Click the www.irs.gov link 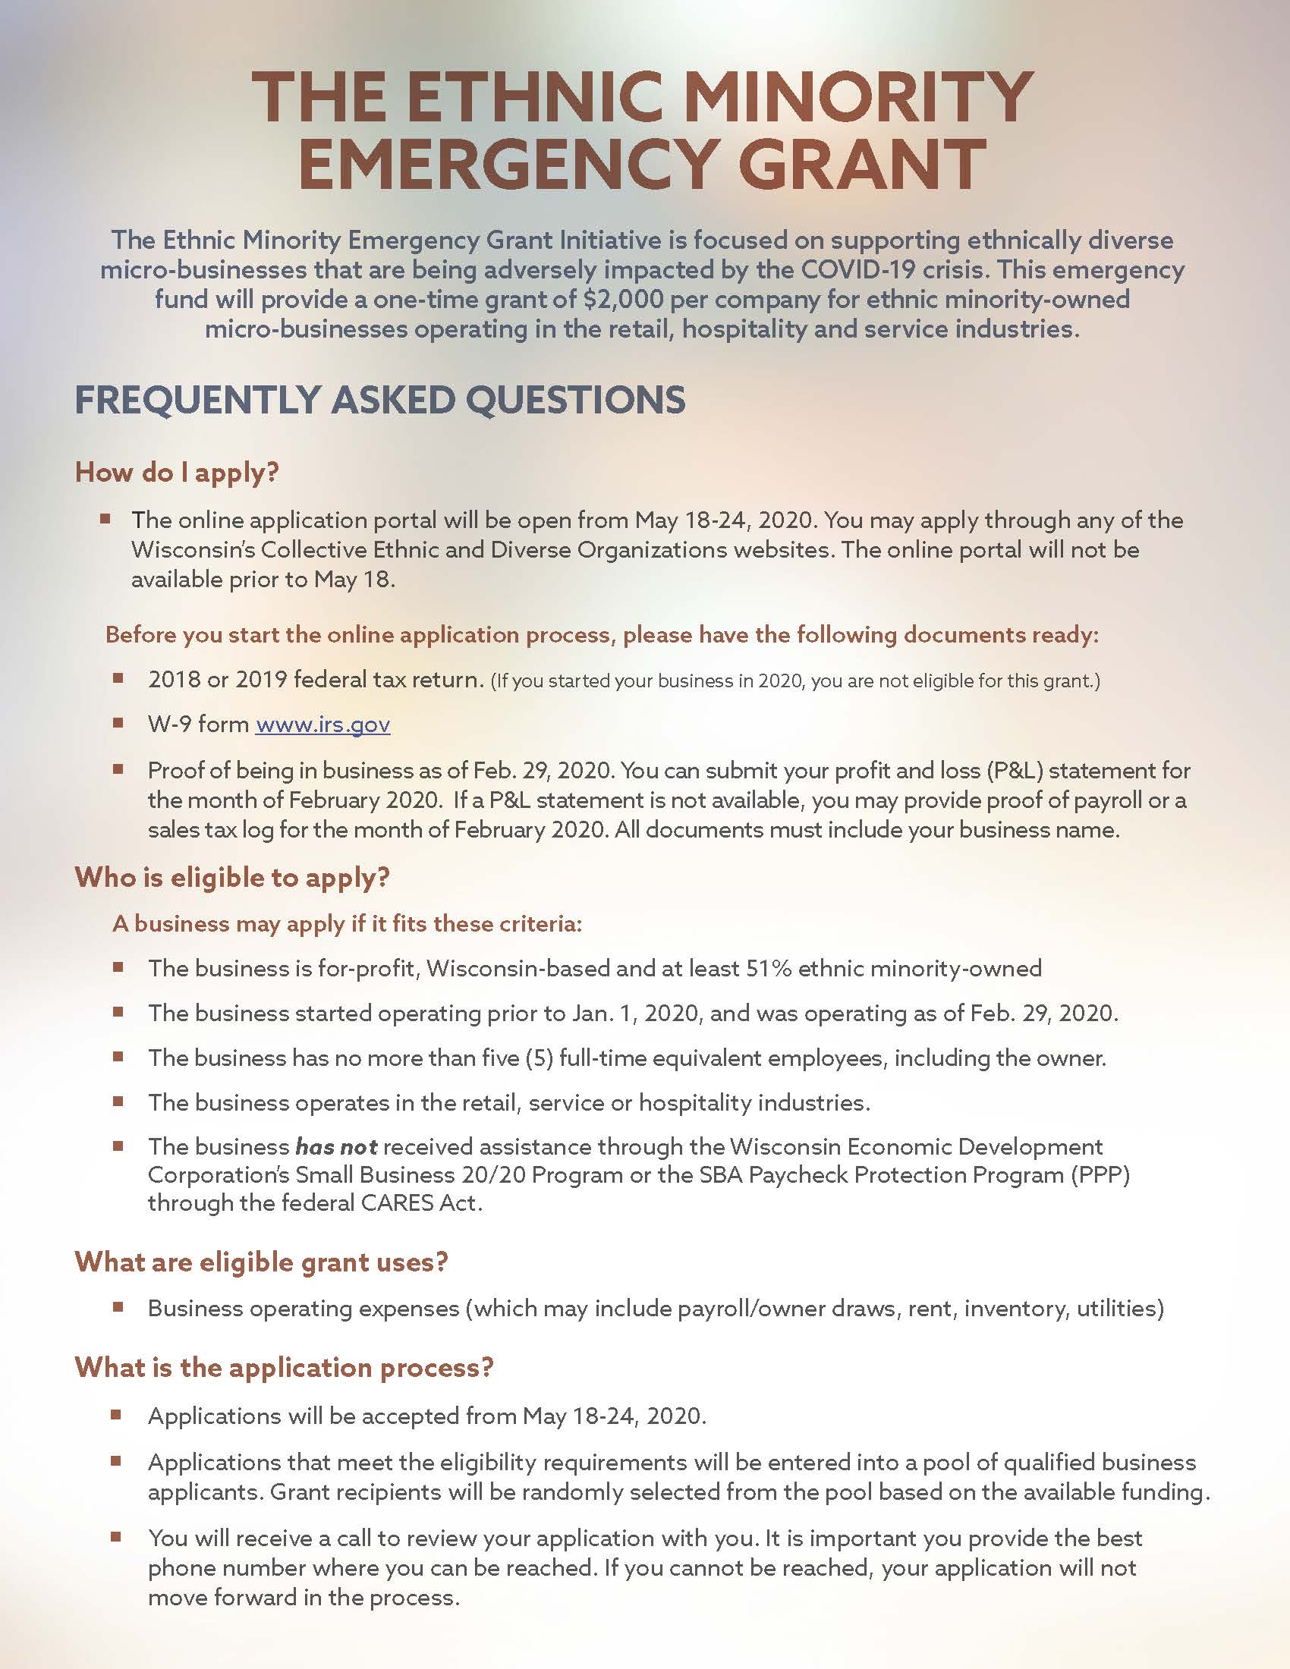tap(322, 724)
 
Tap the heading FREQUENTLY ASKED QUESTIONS tap(380, 401)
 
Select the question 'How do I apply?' tap(177, 473)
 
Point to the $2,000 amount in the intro tap(622, 299)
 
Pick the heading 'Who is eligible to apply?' tap(232, 877)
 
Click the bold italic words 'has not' tap(336, 1146)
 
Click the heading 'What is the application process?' tap(284, 1366)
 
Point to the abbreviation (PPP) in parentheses tap(1100, 1174)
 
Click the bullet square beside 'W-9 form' tap(118, 722)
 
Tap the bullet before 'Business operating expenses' tap(118, 1307)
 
